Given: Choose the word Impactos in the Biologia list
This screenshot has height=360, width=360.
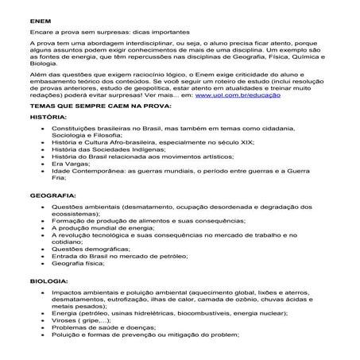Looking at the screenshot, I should coord(68,293).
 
